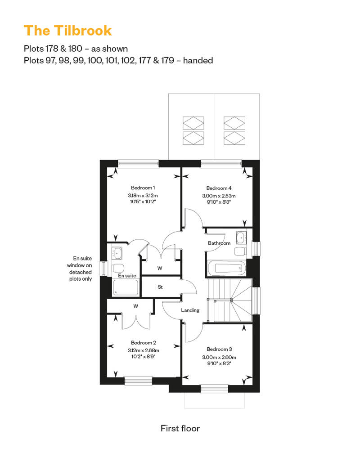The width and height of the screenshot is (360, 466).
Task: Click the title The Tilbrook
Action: tap(68, 31)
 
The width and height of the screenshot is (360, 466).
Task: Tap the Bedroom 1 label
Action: tap(143, 188)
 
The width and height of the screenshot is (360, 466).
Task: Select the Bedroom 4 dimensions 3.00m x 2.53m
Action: tap(219, 196)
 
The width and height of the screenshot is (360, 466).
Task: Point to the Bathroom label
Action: tap(219, 243)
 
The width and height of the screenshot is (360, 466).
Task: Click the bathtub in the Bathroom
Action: tap(226, 269)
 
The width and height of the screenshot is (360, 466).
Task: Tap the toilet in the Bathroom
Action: tap(240, 251)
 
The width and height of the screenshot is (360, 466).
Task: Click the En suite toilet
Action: tap(117, 268)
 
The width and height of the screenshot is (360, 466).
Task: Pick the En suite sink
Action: tap(117, 253)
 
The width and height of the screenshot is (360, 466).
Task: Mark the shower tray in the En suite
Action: tap(126, 287)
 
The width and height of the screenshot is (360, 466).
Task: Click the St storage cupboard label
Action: tap(160, 287)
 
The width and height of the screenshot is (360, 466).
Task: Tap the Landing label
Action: tap(190, 310)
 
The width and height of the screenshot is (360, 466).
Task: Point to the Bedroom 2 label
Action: tap(143, 343)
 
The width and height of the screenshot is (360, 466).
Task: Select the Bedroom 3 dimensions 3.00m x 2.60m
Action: tap(219, 357)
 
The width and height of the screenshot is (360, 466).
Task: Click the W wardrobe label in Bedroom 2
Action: tap(136, 306)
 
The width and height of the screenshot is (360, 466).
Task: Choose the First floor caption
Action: tap(180, 428)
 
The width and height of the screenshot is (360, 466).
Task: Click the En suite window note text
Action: tap(79, 269)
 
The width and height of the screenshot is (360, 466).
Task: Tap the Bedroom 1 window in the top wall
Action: tap(139, 163)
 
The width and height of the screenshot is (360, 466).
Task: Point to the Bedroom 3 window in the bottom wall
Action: tap(214, 389)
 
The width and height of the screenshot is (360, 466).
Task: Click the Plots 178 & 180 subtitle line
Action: tap(76, 49)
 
